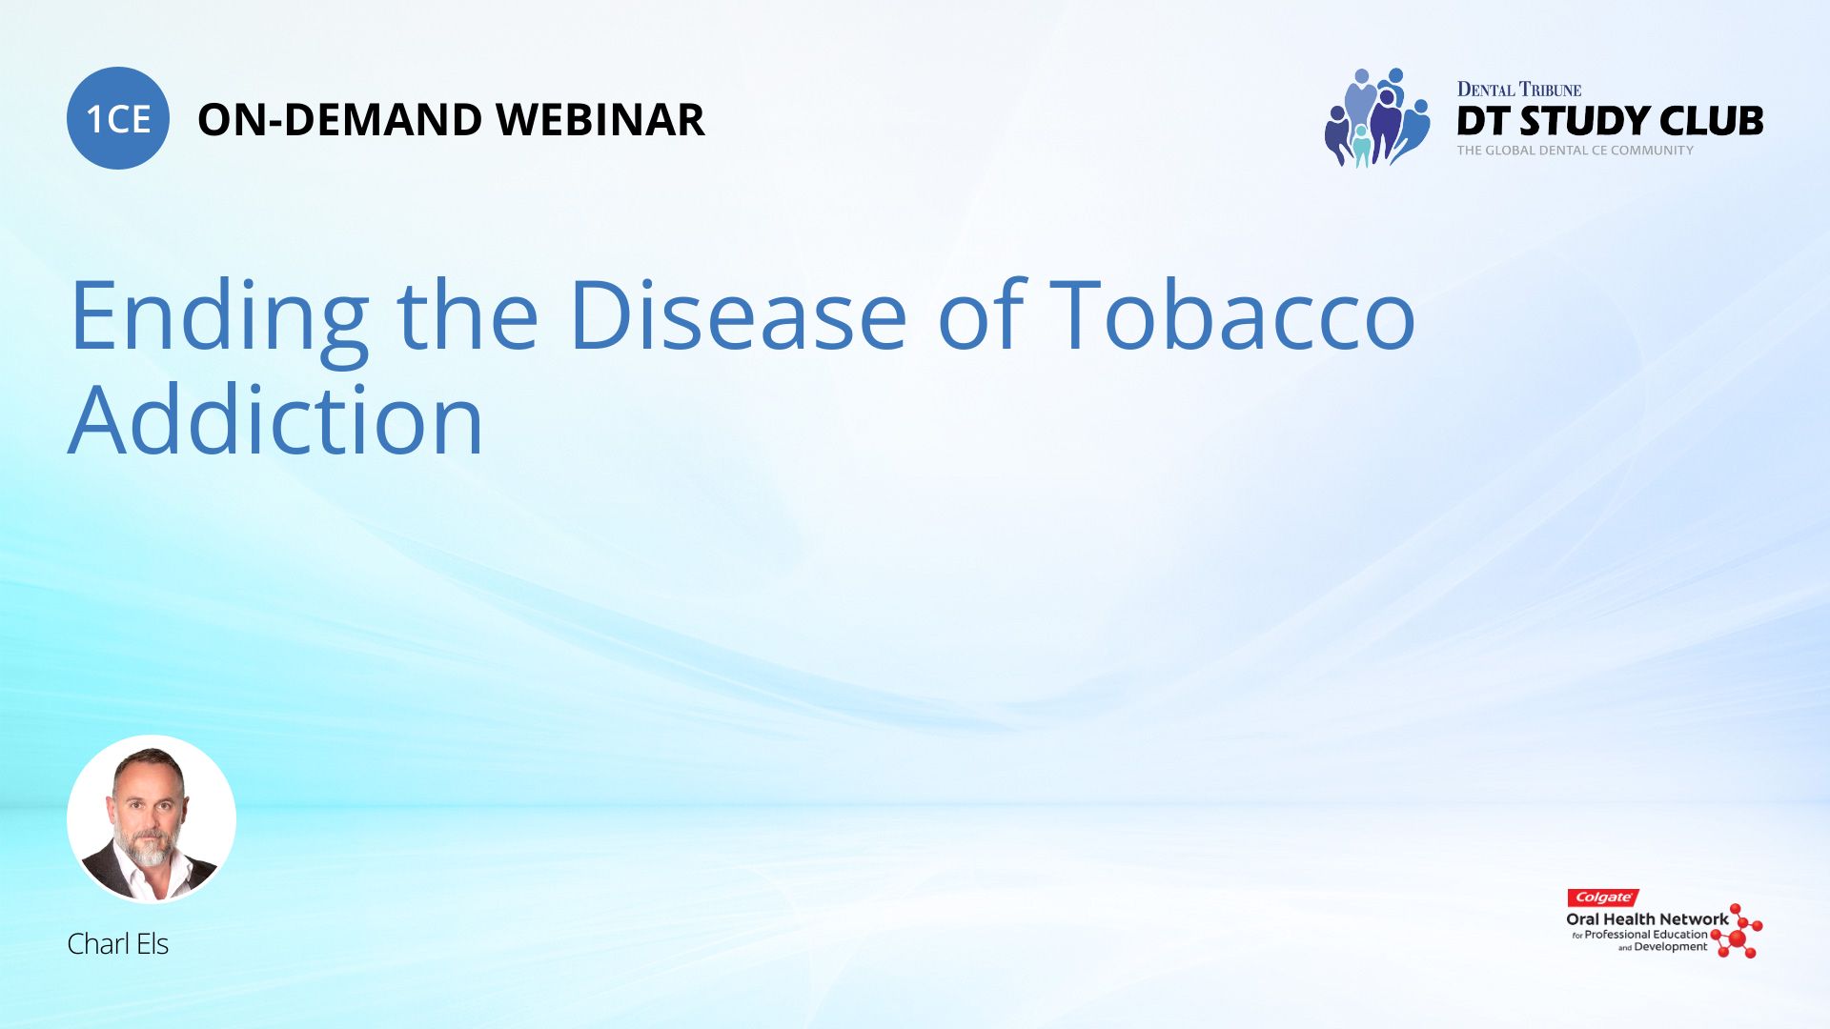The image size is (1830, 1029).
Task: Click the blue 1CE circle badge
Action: (118, 118)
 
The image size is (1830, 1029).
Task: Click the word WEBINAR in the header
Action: (600, 120)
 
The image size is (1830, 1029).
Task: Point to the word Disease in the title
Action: (738, 313)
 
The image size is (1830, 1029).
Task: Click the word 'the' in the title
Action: (467, 313)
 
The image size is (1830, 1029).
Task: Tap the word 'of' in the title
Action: (982, 313)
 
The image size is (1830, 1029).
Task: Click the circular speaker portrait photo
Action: (152, 819)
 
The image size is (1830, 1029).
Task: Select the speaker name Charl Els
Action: (117, 943)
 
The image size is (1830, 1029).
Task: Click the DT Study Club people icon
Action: (1377, 117)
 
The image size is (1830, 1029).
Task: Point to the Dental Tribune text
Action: (1519, 90)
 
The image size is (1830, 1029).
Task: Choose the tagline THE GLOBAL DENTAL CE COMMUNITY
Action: (1576, 151)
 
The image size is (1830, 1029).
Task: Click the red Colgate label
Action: (1603, 898)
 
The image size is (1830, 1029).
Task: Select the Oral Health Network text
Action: (1647, 919)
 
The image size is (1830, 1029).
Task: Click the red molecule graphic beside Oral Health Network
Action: (1737, 931)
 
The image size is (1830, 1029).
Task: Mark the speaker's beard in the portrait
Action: (146, 843)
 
